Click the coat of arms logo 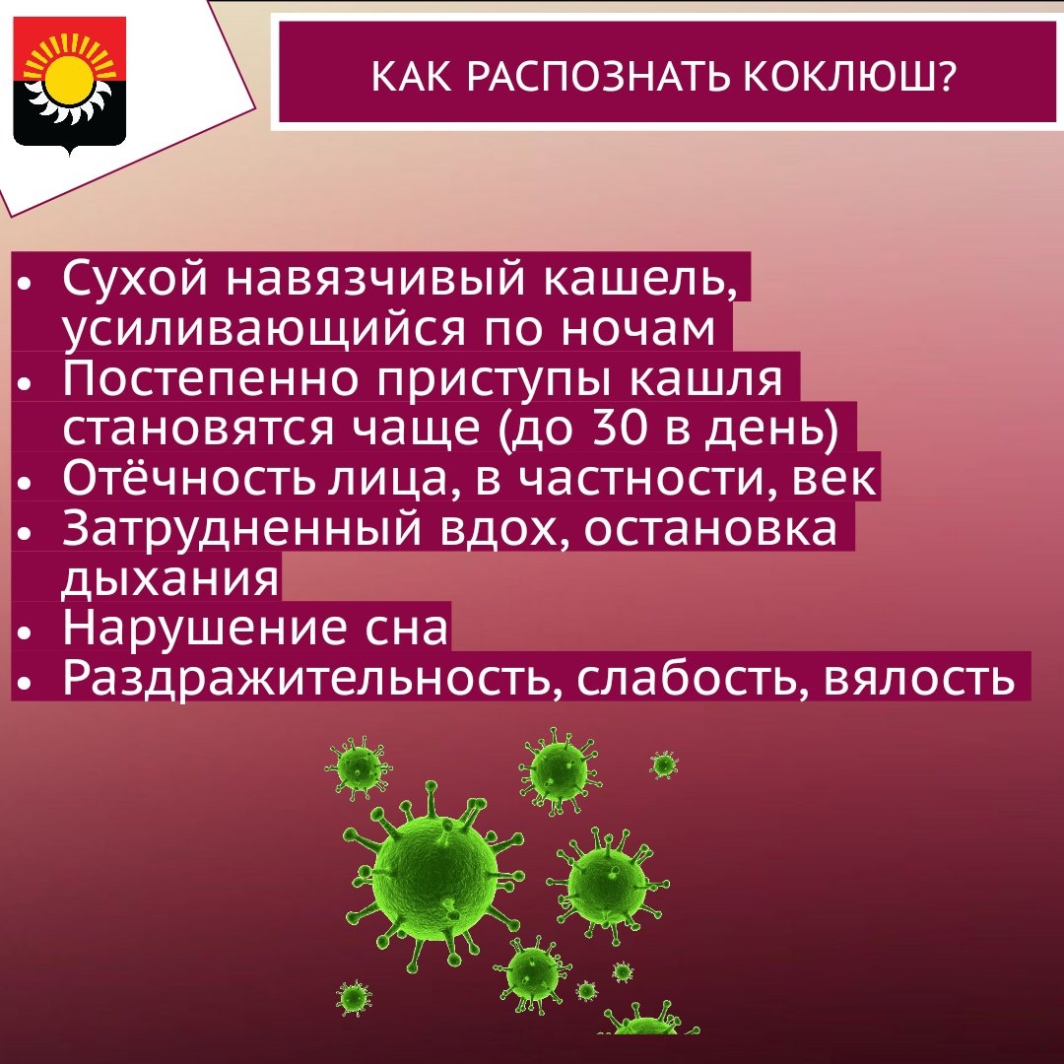click(70, 84)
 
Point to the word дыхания click(169, 579)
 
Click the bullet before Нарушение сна click(25, 633)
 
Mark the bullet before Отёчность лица click(25, 483)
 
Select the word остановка click(710, 529)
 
